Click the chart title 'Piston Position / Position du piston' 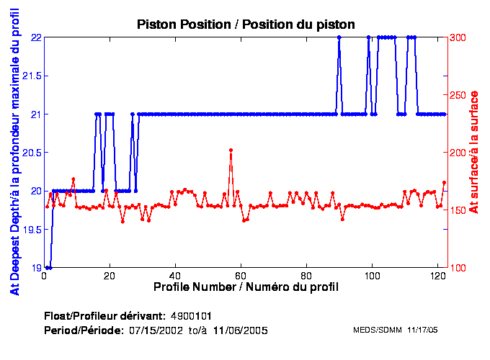click(246, 24)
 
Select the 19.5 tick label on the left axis click(30, 230)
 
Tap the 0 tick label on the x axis click(45, 275)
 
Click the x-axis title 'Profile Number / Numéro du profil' click(246, 287)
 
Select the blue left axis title click(14, 153)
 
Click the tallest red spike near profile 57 click(231, 150)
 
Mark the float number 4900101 click(191, 317)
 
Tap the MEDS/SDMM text click(378, 330)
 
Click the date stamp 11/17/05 click(424, 330)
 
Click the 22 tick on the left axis click(35, 37)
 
